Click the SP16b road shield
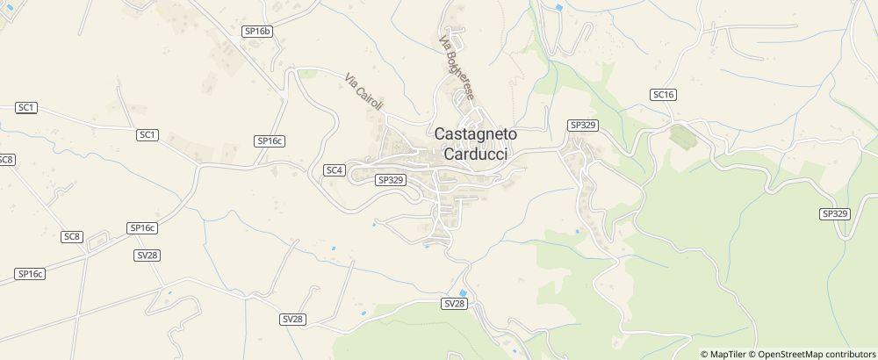pyautogui.click(x=257, y=31)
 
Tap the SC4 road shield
pyautogui.click(x=334, y=169)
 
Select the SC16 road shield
pyautogui.click(x=663, y=94)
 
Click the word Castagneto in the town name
pyautogui.click(x=476, y=134)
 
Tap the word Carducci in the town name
pyautogui.click(x=476, y=154)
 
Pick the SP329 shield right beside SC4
pyautogui.click(x=389, y=179)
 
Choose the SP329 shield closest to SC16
pyautogui.click(x=583, y=126)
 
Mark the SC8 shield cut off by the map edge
pyautogui.click(x=6, y=160)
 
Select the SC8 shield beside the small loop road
pyautogui.click(x=72, y=236)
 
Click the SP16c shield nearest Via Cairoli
pyautogui.click(x=270, y=140)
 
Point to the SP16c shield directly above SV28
pyautogui.click(x=142, y=228)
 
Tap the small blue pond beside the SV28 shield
pyautogui.click(x=463, y=292)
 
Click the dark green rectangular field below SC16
pyautogui.click(x=680, y=136)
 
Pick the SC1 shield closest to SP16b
pyautogui.click(x=148, y=134)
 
